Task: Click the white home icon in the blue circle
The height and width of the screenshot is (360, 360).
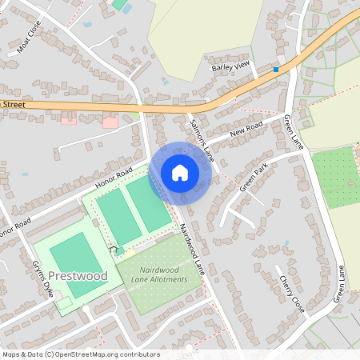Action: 180,172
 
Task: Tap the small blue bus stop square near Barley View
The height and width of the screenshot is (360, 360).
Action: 276,70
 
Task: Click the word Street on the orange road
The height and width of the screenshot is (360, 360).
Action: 14,104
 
